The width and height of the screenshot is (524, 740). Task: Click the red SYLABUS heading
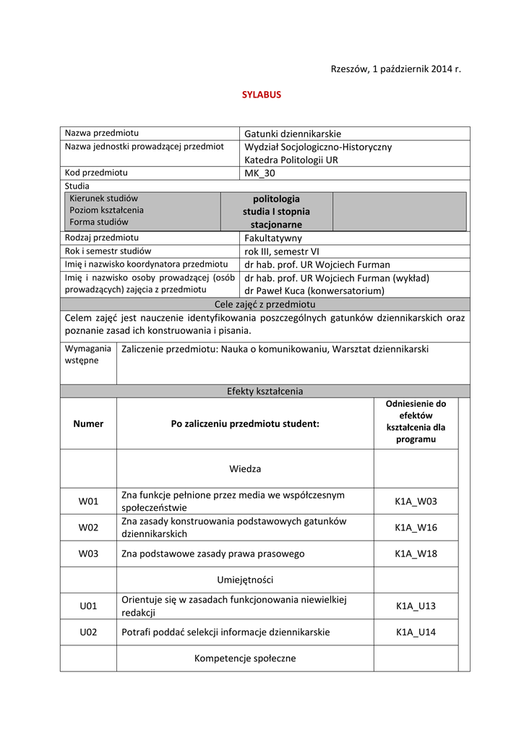pyautogui.click(x=261, y=95)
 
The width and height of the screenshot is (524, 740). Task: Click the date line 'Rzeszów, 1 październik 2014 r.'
pyautogui.click(x=395, y=69)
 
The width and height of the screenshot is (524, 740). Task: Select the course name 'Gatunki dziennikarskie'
pyautogui.click(x=292, y=134)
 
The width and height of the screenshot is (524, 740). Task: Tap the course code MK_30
pyautogui.click(x=259, y=173)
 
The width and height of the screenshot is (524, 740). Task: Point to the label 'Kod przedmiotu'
pyautogui.click(x=96, y=173)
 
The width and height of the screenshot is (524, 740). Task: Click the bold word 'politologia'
pyautogui.click(x=276, y=199)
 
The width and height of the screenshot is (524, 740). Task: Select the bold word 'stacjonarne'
pyautogui.click(x=276, y=225)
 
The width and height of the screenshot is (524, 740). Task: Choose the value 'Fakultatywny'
pyautogui.click(x=273, y=238)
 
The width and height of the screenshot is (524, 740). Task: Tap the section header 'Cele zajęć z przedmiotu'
pyautogui.click(x=265, y=304)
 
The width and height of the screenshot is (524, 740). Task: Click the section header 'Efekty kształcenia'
pyautogui.click(x=265, y=391)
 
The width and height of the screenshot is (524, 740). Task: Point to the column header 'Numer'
pyautogui.click(x=88, y=423)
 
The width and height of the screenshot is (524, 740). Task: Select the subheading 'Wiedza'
pyautogui.click(x=245, y=468)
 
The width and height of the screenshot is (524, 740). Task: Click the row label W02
pyautogui.click(x=88, y=528)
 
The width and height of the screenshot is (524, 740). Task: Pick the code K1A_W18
pyautogui.click(x=416, y=554)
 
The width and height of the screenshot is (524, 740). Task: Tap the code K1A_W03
pyautogui.click(x=416, y=501)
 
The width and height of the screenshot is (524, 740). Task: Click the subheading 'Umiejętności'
pyautogui.click(x=245, y=580)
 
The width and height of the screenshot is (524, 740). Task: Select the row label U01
pyautogui.click(x=88, y=606)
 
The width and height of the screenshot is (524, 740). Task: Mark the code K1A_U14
pyautogui.click(x=416, y=632)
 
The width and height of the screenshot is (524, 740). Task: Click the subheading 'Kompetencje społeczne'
pyautogui.click(x=245, y=658)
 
